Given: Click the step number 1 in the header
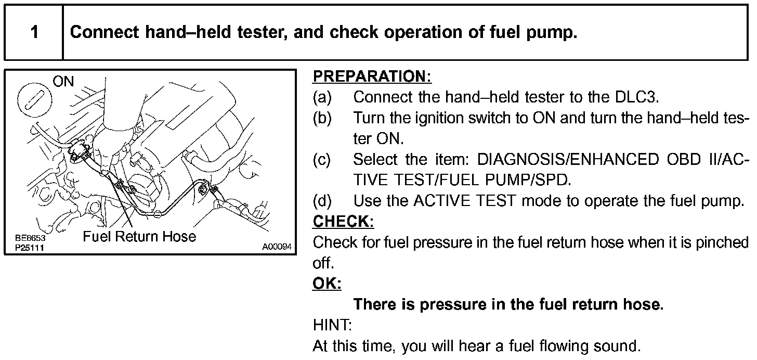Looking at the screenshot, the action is tap(34, 32).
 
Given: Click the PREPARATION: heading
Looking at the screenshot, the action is tap(372, 76).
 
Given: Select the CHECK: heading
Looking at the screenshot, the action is tap(343, 222).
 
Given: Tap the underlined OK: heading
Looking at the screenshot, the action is tap(327, 284).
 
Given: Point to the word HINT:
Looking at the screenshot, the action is tap(332, 325).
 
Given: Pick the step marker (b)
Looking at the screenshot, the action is tap(322, 118).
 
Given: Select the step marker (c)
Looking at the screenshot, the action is tap(322, 160).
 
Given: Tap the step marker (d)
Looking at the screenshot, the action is tap(322, 201).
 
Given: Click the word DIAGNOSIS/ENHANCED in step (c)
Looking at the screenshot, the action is tap(568, 160).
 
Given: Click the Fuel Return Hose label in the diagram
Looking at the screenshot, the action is tap(139, 237).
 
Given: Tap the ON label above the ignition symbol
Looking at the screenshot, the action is tap(63, 82).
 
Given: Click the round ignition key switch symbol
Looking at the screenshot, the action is tap(34, 100).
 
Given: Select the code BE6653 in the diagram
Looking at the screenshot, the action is tap(30, 238).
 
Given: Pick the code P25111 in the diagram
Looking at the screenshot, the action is tap(30, 248).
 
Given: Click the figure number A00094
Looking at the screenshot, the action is tap(277, 247).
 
